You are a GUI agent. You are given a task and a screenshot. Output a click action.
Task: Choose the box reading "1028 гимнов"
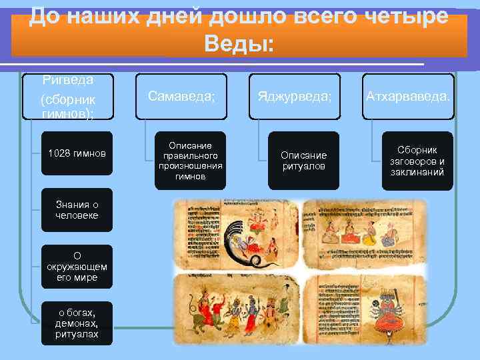77,153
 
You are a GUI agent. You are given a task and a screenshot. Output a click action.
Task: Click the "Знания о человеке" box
77,210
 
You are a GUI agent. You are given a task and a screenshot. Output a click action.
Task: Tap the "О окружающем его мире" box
77,267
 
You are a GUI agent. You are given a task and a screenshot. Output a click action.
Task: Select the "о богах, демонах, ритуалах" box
77,323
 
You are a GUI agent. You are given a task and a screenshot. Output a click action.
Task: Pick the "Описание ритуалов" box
305,160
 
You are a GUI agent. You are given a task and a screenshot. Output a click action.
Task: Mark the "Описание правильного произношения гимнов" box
190,160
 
